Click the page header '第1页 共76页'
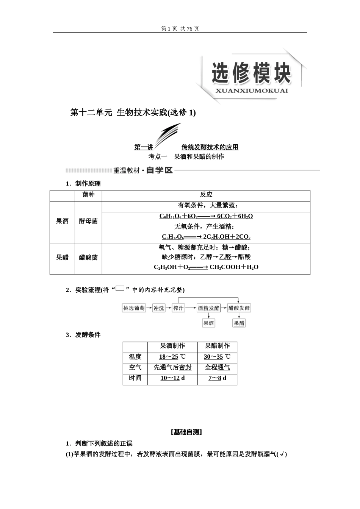click(180, 29)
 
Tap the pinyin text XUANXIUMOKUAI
click(251, 91)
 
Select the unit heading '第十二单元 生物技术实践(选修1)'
click(133, 112)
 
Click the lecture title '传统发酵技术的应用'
click(210, 147)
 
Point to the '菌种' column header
click(88, 195)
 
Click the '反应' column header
click(206, 195)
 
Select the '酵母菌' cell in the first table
click(88, 221)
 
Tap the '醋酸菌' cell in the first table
click(88, 258)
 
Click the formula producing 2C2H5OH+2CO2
click(206, 237)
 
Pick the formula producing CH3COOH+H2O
click(206, 267)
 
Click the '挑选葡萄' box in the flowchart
click(134, 308)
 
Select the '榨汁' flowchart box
click(178, 308)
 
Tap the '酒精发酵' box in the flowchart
click(208, 308)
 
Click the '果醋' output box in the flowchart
click(239, 323)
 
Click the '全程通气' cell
click(217, 367)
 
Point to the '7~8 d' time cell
click(217, 378)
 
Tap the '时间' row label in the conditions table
click(135, 378)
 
